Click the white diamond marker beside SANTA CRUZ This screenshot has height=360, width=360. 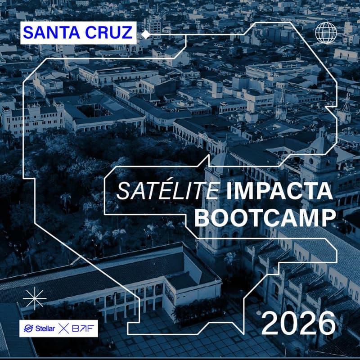pos(145,34)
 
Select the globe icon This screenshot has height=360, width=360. pos(326,32)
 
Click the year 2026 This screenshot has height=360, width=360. pos(298,323)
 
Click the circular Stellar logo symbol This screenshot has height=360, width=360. pos(27,328)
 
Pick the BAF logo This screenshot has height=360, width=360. pos(85,328)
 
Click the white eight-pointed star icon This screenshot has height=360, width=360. pos(35,299)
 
